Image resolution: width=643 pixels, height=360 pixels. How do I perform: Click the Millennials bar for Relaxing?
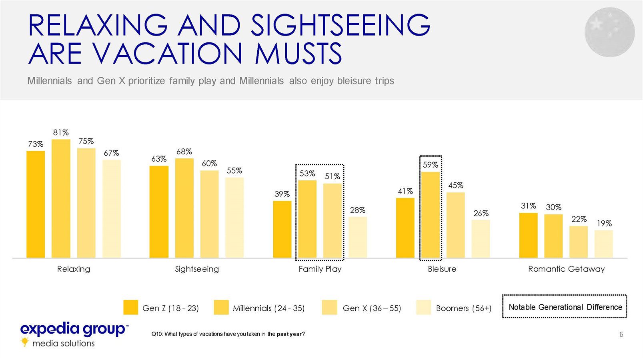pyautogui.click(x=61, y=198)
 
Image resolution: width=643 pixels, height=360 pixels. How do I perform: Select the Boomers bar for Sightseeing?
pyautogui.click(x=234, y=218)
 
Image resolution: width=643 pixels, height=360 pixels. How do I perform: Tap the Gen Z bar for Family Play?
pyautogui.click(x=282, y=229)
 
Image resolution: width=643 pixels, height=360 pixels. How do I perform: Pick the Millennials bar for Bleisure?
pyautogui.click(x=431, y=215)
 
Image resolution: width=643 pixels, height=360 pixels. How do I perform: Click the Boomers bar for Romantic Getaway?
pyautogui.click(x=603, y=244)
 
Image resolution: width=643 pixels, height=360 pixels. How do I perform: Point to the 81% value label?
pyautogui.click(x=61, y=132)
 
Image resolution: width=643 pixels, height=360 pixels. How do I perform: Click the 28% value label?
pyautogui.click(x=358, y=210)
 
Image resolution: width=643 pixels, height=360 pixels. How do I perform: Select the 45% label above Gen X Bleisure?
pyautogui.click(x=455, y=186)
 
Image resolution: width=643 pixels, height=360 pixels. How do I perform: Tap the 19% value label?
pyautogui.click(x=604, y=224)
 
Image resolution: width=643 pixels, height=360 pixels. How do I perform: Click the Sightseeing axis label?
pyautogui.click(x=197, y=269)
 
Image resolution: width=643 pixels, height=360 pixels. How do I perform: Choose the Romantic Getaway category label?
pyautogui.click(x=566, y=269)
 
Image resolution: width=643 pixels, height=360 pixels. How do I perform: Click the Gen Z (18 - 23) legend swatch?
pyautogui.click(x=130, y=308)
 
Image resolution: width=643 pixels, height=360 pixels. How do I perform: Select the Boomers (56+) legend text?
pyautogui.click(x=463, y=308)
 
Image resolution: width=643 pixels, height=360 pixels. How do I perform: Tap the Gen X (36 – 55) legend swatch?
pyautogui.click(x=329, y=308)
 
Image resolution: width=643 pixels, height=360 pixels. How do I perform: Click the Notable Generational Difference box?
pyautogui.click(x=565, y=307)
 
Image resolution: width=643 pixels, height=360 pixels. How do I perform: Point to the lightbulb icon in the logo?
pyautogui.click(x=25, y=342)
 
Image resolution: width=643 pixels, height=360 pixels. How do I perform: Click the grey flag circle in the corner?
pyautogui.click(x=609, y=32)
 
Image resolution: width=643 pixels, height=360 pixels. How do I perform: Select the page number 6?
pyautogui.click(x=621, y=334)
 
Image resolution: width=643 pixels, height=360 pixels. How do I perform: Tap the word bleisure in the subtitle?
pyautogui.click(x=354, y=81)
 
